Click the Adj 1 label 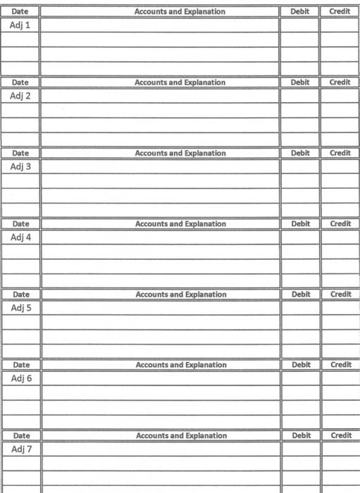20,25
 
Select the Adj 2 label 20,96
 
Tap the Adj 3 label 20,167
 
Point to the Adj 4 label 20,237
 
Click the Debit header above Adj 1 299,12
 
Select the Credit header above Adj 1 340,12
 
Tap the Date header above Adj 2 20,82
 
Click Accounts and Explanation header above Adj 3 180,153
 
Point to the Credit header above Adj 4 340,223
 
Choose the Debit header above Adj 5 301,294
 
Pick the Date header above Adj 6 21,365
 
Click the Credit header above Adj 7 341,435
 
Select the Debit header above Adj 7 301,435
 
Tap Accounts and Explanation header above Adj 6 181,365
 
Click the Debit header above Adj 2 299,82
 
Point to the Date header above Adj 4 20,223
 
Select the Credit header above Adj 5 341,294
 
